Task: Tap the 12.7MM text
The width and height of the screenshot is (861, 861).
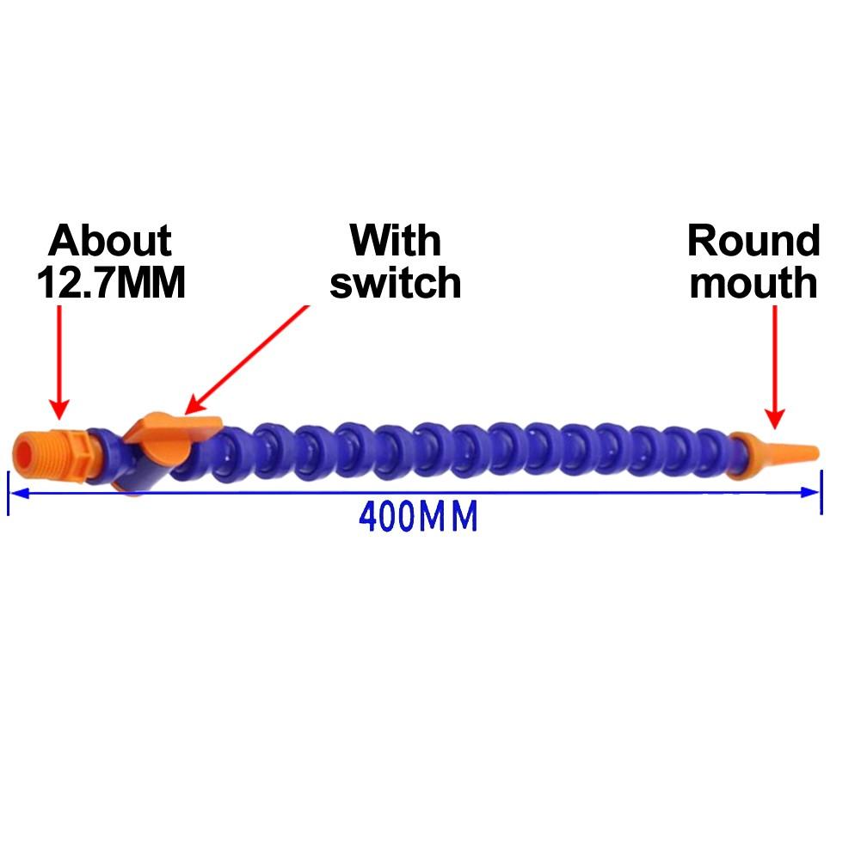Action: click(111, 282)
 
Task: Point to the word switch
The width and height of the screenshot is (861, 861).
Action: click(396, 282)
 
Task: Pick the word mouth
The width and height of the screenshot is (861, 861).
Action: click(753, 282)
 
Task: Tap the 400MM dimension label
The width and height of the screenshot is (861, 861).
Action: click(418, 517)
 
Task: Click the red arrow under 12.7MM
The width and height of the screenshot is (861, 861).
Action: click(59, 362)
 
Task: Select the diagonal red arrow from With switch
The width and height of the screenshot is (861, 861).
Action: click(247, 360)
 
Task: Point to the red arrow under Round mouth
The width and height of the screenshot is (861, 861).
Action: click(775, 366)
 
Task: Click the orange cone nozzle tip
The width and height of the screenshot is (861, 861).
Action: click(774, 453)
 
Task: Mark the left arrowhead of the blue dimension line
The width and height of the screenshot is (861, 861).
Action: click(16, 493)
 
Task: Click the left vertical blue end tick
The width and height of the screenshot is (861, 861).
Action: click(9, 493)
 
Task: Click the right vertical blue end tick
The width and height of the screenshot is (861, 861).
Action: click(821, 492)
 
